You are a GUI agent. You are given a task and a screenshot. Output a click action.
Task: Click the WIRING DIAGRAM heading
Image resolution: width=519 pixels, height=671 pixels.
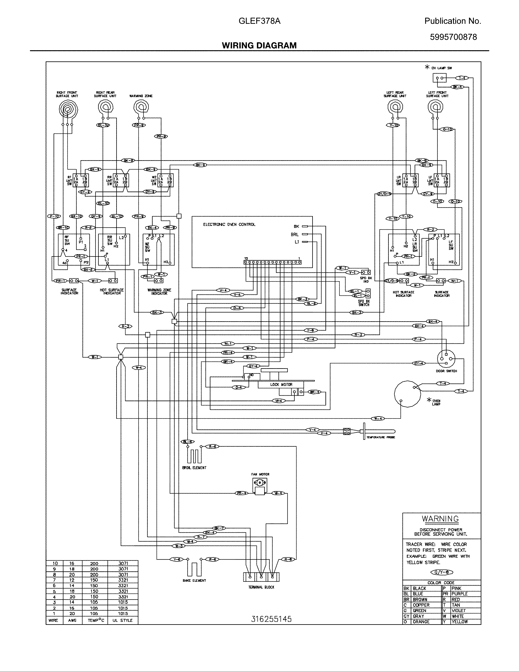point(259,46)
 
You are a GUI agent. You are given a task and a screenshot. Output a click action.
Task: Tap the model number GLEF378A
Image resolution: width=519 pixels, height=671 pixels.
point(259,21)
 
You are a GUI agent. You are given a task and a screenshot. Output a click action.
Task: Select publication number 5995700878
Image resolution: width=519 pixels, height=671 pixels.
point(453,37)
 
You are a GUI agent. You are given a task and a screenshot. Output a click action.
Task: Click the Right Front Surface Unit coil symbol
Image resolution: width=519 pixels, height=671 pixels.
point(68,109)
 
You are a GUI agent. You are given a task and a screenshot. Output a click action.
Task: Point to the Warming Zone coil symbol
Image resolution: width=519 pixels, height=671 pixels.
point(141,108)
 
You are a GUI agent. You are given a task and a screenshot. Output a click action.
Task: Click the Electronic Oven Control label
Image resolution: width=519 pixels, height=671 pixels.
point(229,225)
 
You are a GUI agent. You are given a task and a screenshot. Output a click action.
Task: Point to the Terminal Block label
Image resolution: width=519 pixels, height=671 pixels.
point(261,587)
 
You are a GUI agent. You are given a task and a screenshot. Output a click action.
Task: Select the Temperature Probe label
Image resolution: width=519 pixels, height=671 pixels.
point(381,437)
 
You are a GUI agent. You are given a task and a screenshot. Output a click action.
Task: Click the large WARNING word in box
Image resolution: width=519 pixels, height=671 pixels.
point(440,519)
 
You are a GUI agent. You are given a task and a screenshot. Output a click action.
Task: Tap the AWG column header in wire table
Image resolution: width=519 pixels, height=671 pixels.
point(72,620)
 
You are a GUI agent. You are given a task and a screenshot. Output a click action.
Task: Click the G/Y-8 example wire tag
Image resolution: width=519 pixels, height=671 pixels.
point(441,572)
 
